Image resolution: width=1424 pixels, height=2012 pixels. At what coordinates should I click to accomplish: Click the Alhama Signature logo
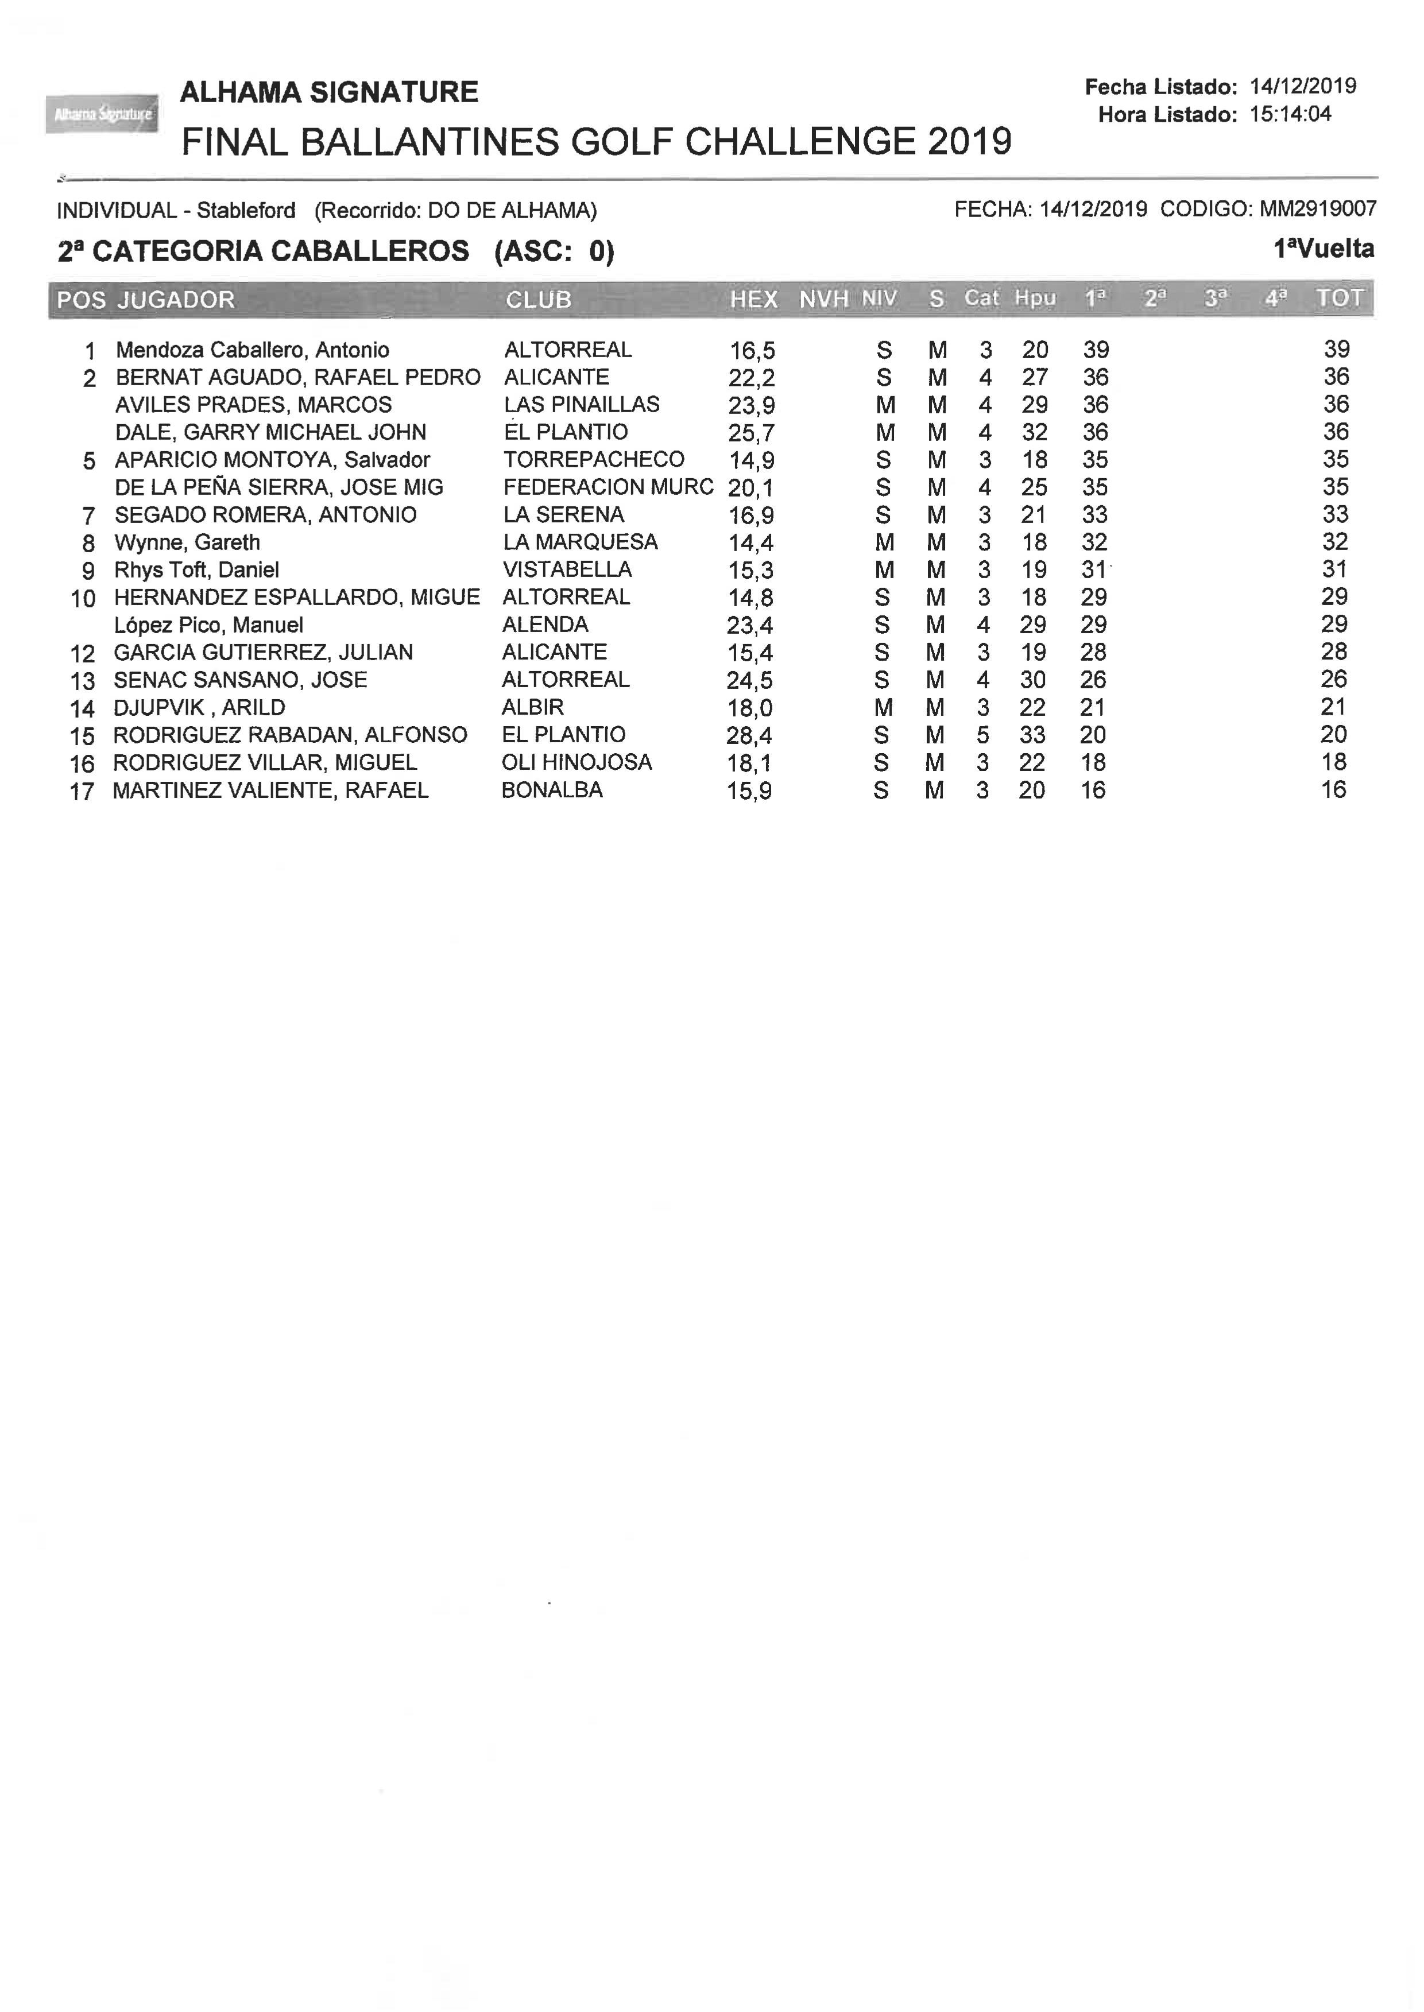102,113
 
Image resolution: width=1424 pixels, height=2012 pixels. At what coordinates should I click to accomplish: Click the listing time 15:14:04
1290,114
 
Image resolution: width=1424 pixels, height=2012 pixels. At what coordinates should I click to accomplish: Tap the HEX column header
753,299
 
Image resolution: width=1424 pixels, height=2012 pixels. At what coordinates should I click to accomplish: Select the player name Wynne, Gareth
187,542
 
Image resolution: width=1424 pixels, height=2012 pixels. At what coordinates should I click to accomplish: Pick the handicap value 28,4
749,735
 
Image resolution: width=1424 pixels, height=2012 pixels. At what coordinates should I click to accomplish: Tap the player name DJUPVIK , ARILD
199,707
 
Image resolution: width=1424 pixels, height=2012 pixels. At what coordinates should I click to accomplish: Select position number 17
82,792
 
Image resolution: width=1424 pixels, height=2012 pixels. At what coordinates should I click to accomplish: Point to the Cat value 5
983,735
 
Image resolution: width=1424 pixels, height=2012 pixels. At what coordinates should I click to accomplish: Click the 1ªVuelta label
1323,249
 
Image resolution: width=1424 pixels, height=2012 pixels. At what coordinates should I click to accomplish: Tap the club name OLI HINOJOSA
576,763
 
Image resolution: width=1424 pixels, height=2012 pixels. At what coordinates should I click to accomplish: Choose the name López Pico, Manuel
208,625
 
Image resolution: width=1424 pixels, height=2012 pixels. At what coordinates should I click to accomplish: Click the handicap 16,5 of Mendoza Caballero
752,351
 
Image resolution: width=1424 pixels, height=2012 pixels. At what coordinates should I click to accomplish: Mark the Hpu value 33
1032,735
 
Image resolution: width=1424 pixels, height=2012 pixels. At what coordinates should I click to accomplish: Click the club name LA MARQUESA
579,542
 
